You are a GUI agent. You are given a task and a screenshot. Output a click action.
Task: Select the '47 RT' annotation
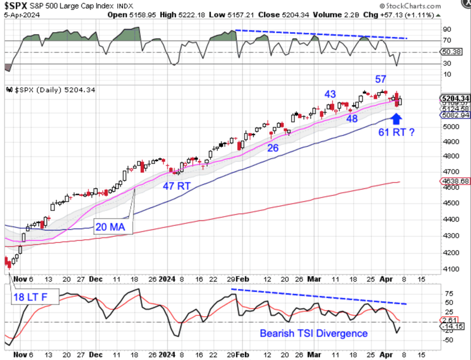176,185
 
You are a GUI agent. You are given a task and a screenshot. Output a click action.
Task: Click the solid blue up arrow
396,117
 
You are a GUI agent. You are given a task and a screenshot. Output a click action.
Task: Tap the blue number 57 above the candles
381,79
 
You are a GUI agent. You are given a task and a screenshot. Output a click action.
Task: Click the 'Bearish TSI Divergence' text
313,333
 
